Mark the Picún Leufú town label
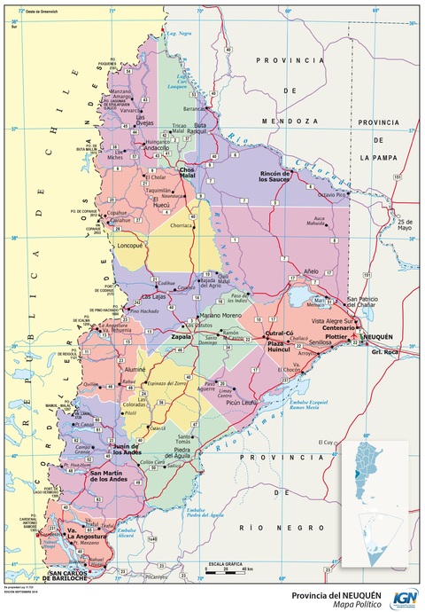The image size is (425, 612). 241,402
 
